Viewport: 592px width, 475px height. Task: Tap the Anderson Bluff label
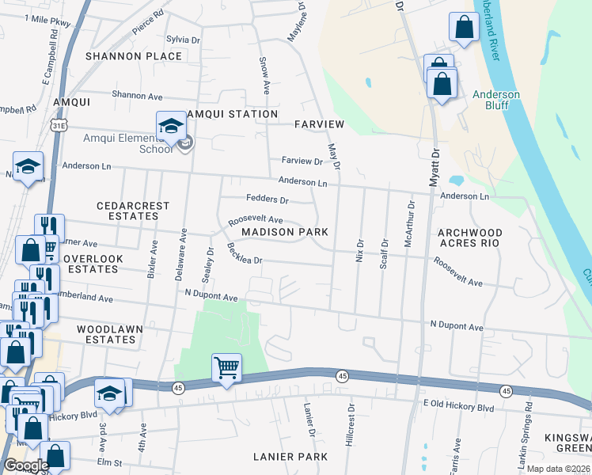pyautogui.click(x=495, y=101)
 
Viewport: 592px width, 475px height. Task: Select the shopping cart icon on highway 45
pyautogui.click(x=226, y=367)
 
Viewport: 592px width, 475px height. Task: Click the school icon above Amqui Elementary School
pyautogui.click(x=171, y=125)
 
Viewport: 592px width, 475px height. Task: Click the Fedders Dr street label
pyautogui.click(x=267, y=199)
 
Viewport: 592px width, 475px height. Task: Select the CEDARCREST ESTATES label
pyautogui.click(x=133, y=211)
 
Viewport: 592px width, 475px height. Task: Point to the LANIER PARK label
pyautogui.click(x=290, y=457)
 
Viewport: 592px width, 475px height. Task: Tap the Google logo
pyautogui.click(x=25, y=465)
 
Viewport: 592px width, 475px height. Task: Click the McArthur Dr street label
pyautogui.click(x=409, y=224)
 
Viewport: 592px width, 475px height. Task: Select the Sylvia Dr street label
pyautogui.click(x=183, y=39)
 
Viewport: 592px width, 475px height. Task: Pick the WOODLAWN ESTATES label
pyautogui.click(x=106, y=333)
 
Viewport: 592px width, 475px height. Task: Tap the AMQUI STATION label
pyautogui.click(x=226, y=114)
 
